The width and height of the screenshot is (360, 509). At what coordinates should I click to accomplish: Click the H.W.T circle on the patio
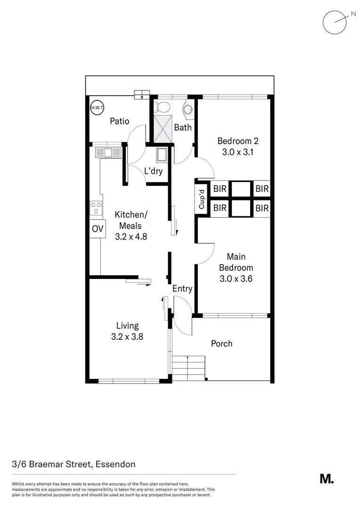(x=97, y=107)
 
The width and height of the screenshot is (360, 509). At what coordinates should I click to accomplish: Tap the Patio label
(x=119, y=121)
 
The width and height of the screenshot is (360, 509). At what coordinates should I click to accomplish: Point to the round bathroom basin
(x=188, y=109)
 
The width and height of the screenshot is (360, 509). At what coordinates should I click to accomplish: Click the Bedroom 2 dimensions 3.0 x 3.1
(x=237, y=152)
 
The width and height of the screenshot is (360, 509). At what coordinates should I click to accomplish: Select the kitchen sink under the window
(x=108, y=152)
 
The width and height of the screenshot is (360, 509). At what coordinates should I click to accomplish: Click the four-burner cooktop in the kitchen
(x=96, y=208)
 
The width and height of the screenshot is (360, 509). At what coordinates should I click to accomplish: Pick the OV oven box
(x=97, y=229)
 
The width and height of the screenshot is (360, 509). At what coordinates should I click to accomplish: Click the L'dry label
(x=153, y=171)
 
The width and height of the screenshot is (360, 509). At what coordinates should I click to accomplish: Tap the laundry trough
(x=162, y=155)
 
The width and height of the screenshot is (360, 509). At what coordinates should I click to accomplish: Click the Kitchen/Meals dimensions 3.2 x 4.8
(x=131, y=237)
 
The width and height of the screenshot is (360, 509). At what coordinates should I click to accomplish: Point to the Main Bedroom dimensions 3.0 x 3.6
(x=236, y=279)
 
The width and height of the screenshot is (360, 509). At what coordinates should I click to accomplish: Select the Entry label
(x=182, y=289)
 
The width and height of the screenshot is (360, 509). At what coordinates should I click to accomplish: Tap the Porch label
(x=221, y=344)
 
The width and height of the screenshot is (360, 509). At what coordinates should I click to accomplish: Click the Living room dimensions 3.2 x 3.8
(x=127, y=337)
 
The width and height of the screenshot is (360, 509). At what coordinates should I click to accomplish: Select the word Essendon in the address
(x=115, y=464)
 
